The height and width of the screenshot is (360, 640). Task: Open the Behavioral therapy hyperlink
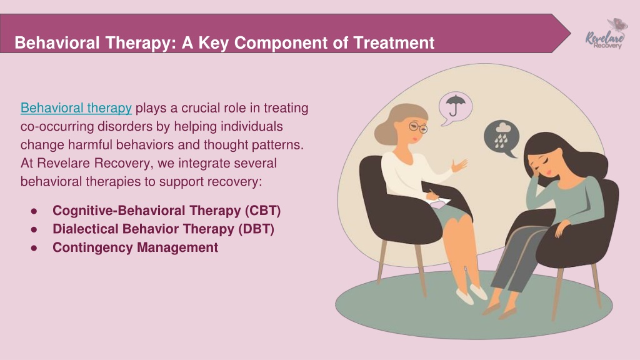(76, 108)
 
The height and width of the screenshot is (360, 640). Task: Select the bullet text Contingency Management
(135, 247)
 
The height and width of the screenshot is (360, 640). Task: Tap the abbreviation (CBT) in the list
(263, 211)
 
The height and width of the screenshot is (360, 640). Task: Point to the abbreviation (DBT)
(256, 229)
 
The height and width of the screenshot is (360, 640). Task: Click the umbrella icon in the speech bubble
(453, 105)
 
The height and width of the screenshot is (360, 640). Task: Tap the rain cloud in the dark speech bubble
(501, 134)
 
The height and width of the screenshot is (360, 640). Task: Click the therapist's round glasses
(418, 127)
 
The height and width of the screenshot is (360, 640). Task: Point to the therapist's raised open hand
(460, 165)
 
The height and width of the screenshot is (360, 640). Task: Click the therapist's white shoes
(471, 294)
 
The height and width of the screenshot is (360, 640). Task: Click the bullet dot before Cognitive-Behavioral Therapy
(34, 211)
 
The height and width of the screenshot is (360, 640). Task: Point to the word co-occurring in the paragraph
(57, 126)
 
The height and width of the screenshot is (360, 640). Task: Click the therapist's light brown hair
(398, 122)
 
